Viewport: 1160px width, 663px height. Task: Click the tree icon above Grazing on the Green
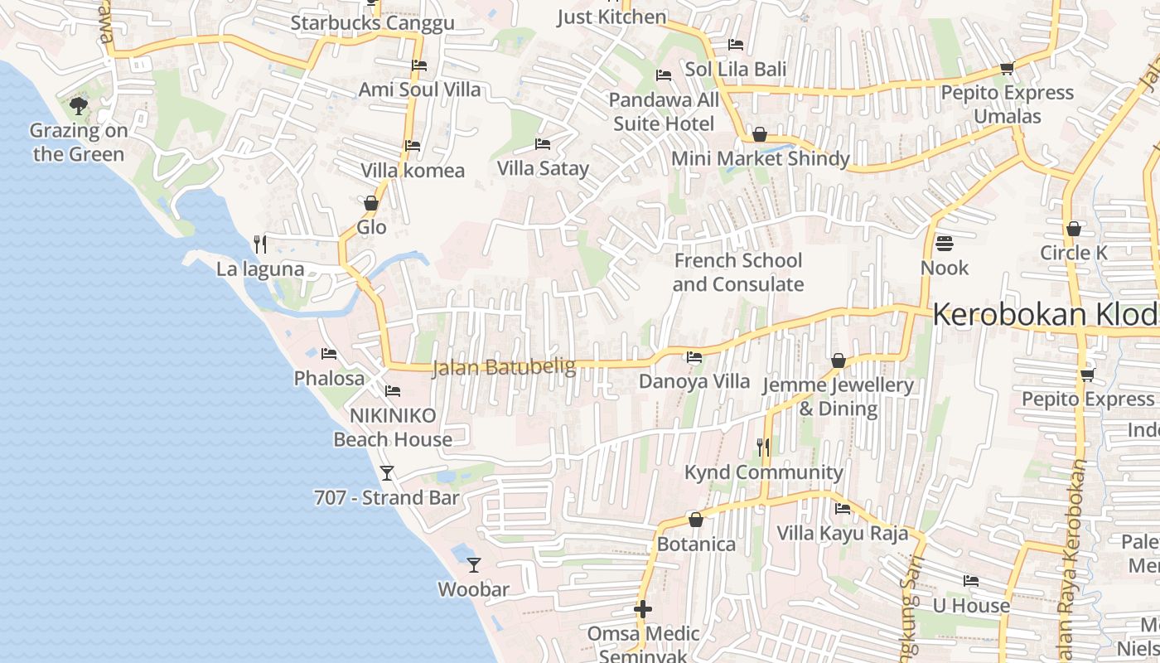pyautogui.click(x=79, y=105)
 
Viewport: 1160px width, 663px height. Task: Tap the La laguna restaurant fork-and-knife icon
pyautogui.click(x=260, y=244)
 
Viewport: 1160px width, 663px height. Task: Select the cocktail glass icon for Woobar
pyautogui.click(x=474, y=565)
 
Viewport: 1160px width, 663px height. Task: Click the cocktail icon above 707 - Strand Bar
pyautogui.click(x=386, y=473)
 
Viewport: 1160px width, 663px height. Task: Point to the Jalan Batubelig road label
pyautogui.click(x=504, y=366)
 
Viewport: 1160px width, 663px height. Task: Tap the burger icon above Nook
pyautogui.click(x=945, y=244)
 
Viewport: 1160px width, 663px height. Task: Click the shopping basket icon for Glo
pyautogui.click(x=371, y=203)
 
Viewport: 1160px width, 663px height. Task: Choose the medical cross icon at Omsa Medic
pyautogui.click(x=643, y=610)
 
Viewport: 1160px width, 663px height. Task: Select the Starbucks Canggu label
pyautogui.click(x=372, y=23)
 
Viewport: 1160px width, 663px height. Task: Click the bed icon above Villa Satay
pyautogui.click(x=543, y=144)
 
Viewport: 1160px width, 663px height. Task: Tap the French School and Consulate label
pyautogui.click(x=737, y=273)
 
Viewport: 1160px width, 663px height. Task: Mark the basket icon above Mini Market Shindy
pyautogui.click(x=760, y=134)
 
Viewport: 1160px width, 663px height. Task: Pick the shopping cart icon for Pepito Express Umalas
pyautogui.click(x=1007, y=68)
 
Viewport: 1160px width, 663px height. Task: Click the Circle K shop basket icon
pyautogui.click(x=1074, y=228)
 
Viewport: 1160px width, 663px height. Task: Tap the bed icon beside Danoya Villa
pyautogui.click(x=694, y=357)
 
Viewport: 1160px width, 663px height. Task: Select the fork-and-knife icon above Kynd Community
pyautogui.click(x=763, y=448)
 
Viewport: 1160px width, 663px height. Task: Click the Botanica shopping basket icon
pyautogui.click(x=696, y=520)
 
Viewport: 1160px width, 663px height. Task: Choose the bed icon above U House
pyautogui.click(x=971, y=581)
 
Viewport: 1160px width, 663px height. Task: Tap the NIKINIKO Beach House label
pyautogui.click(x=393, y=428)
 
